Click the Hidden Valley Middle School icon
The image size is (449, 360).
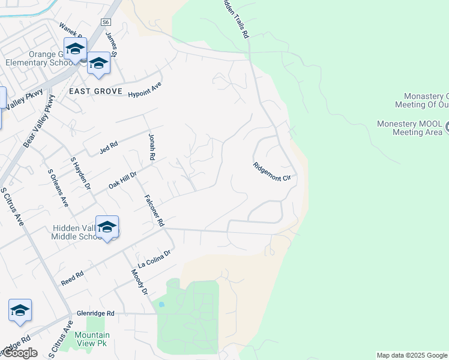tap(107, 227)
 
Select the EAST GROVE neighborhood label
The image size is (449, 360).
tap(95, 91)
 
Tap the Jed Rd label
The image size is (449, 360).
tap(109, 147)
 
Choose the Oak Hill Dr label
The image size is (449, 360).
tap(123, 179)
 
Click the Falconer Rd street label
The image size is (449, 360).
tap(154, 210)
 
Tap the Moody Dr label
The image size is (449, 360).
tap(139, 281)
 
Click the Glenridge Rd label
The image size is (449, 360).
tap(95, 313)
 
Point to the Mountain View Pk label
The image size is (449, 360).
tap(92, 340)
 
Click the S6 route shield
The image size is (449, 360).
tap(106, 22)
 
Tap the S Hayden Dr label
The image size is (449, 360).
tap(80, 174)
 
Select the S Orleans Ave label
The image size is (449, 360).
tap(58, 188)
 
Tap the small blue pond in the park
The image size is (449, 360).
tap(161, 304)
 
